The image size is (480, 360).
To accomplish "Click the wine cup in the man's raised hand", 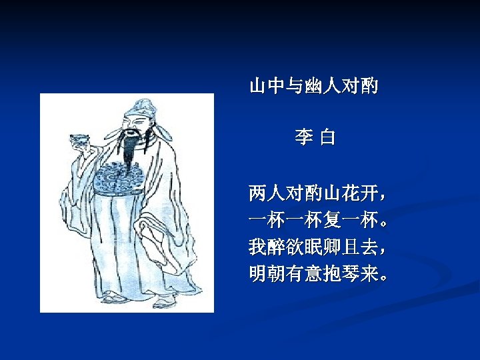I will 79,139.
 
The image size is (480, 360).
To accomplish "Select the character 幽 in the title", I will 313,85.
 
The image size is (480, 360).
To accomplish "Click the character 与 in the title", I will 295,85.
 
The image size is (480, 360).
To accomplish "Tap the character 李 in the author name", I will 303,138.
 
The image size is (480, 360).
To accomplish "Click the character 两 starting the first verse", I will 257,194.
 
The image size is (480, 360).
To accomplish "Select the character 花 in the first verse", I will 351,194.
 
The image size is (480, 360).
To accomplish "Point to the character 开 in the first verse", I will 369,194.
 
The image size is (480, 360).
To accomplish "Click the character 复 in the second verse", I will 331,221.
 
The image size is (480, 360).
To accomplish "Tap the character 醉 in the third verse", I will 276,247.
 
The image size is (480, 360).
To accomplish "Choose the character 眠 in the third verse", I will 313,247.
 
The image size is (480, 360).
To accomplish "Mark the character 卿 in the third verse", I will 332,247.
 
